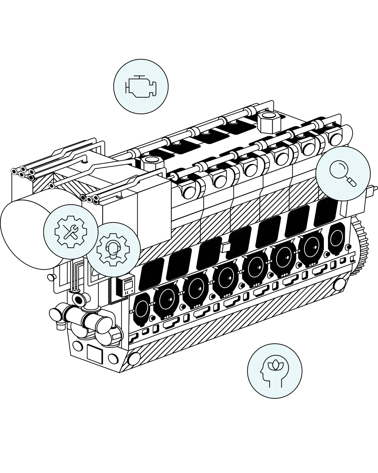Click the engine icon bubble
141,87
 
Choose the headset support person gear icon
113,249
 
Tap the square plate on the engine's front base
94,355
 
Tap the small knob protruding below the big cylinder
51,277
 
